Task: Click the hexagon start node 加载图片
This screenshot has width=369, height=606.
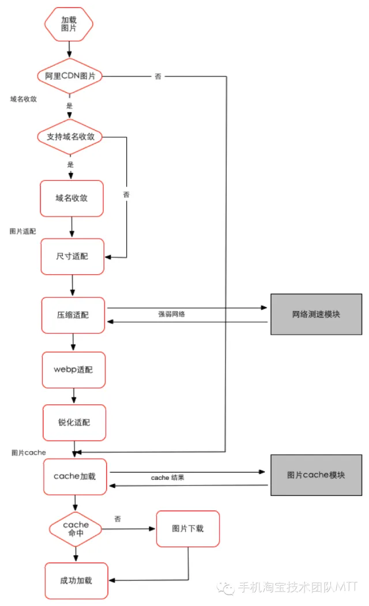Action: point(69,24)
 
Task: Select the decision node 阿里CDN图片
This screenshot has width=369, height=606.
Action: point(70,76)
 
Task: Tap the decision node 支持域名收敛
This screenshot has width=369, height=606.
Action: point(70,137)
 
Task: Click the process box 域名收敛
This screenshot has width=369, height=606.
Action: point(71,198)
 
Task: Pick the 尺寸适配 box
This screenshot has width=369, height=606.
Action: point(72,256)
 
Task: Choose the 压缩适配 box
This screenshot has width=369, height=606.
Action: point(73,315)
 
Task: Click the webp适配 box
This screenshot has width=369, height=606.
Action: point(73,369)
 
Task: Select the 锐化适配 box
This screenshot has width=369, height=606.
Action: point(74,422)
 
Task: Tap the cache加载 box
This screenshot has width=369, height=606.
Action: point(75,476)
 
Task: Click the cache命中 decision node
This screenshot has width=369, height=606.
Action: point(76,528)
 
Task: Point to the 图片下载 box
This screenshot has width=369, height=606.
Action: point(188,528)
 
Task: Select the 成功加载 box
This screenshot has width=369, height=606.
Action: point(76,580)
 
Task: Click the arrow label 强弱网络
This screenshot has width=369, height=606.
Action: point(172,315)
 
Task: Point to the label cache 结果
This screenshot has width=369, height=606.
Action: point(168,478)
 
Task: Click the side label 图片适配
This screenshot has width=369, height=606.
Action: point(23,231)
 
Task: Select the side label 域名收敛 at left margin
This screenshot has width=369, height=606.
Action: point(24,99)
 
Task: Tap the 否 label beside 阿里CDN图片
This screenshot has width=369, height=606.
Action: point(158,77)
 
